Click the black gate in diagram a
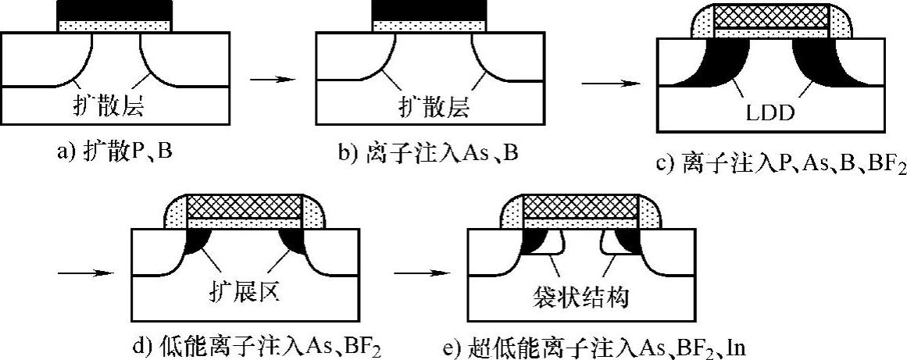[x=115, y=9]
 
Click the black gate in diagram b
[x=427, y=9]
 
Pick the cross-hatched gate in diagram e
[x=579, y=207]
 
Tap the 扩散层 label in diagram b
[x=427, y=107]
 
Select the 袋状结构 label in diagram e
[x=579, y=297]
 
